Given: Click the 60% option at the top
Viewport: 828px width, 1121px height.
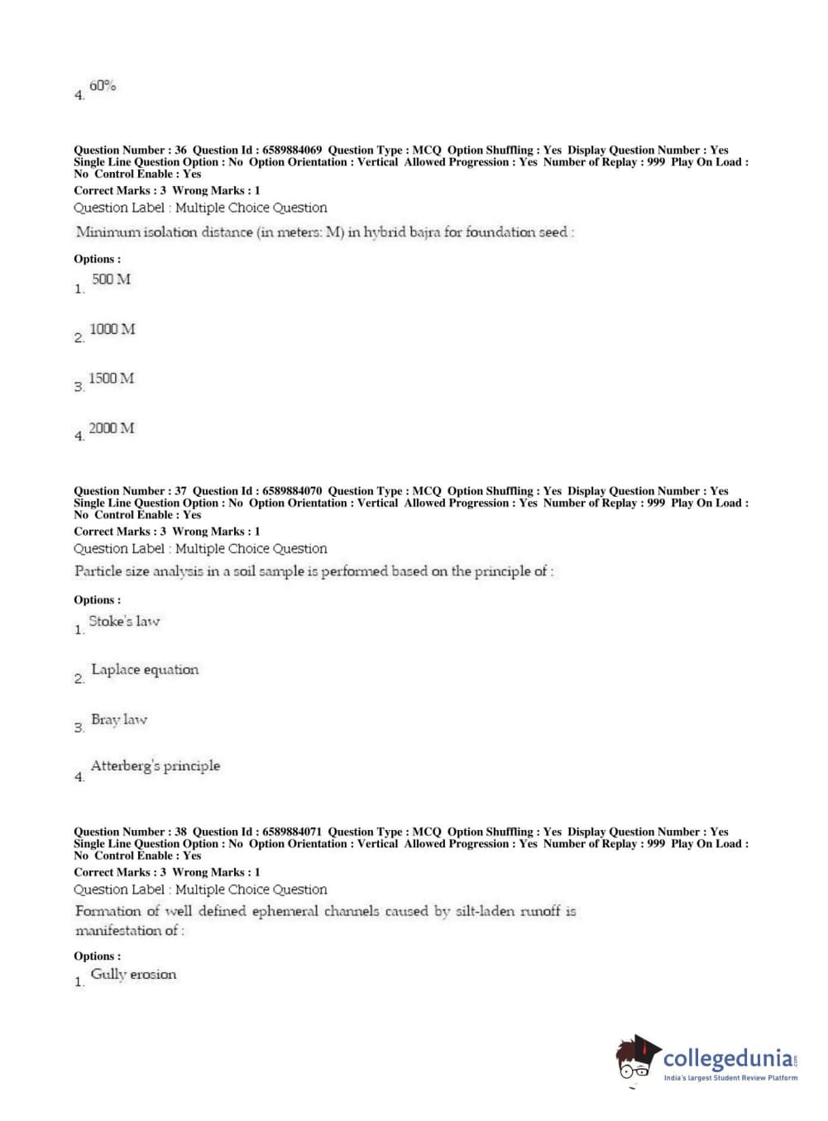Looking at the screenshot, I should [103, 86].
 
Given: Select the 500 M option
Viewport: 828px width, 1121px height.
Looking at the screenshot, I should [111, 279].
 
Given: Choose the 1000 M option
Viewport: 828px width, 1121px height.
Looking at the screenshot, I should [112, 329].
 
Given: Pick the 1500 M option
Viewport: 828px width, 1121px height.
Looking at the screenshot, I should [111, 379].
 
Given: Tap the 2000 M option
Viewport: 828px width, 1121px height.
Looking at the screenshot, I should [112, 428].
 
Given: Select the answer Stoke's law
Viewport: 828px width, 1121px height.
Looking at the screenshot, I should [124, 621].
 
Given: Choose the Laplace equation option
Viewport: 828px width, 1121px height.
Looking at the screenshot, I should [145, 670].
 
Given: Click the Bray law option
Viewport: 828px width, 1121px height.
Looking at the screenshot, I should [119, 719].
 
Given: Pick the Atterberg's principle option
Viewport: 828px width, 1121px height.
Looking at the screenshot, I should [156, 766].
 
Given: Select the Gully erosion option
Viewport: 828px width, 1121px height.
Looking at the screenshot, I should [133, 974].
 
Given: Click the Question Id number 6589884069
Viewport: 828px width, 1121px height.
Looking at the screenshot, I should [292, 150].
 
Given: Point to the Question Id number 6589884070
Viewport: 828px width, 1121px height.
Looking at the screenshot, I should [292, 491].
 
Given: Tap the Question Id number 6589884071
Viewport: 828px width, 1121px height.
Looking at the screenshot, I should [292, 832].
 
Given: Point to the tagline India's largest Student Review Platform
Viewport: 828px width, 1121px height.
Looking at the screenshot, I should [730, 1078].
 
